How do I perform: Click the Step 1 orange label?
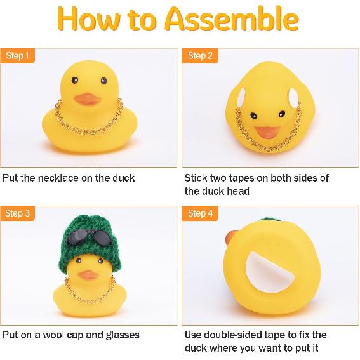tap(17, 56)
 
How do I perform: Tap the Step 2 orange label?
tap(200, 56)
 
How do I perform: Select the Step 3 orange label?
tap(17, 213)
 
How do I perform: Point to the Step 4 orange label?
tap(200, 213)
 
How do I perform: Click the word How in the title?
tap(92, 20)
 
